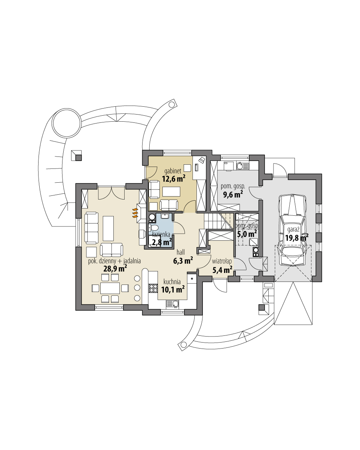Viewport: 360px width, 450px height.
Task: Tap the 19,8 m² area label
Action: click(x=296, y=238)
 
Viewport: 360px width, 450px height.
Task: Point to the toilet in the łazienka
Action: click(x=153, y=228)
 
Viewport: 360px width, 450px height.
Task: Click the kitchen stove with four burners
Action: click(x=153, y=288)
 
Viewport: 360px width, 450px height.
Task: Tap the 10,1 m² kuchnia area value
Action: click(x=173, y=289)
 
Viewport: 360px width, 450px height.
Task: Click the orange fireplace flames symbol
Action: click(x=135, y=213)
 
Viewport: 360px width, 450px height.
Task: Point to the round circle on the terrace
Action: click(x=66, y=123)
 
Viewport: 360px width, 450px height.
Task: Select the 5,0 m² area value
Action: click(x=247, y=233)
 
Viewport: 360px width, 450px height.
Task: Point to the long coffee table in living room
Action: click(x=108, y=228)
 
